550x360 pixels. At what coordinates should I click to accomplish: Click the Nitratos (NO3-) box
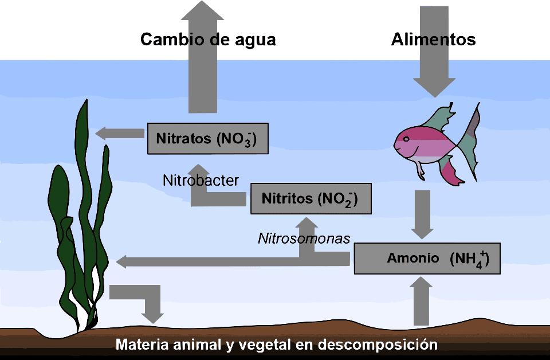click(207, 138)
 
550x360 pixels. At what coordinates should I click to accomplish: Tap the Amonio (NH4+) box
click(427, 259)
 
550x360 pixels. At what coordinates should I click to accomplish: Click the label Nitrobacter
click(201, 180)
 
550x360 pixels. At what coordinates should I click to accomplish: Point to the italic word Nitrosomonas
click(304, 238)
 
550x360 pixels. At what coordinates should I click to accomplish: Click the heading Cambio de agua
click(208, 40)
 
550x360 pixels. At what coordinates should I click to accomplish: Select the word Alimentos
click(433, 40)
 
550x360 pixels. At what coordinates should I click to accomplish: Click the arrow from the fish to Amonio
click(423, 214)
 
